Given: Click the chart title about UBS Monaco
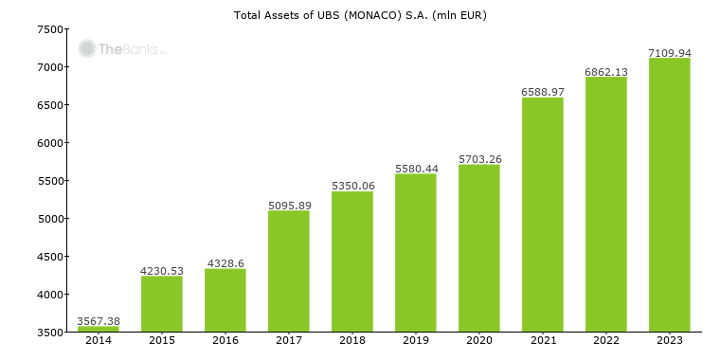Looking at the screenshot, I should coord(360,15).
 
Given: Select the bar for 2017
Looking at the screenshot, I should coord(289,271).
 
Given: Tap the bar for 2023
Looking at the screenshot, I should coord(670,195).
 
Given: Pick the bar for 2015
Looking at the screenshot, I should coord(162,303).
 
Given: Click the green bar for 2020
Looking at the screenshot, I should coord(479,248).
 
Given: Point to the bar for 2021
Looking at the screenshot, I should coord(543,214).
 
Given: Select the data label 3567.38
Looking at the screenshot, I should coord(99,321).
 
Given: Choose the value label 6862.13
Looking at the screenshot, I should coord(606,71).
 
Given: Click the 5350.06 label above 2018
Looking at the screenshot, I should coord(352,186).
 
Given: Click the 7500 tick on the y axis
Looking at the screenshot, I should coord(50,29).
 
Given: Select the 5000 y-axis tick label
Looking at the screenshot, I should coord(50,219).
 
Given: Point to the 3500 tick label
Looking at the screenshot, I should coord(50,333).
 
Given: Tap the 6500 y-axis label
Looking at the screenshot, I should coord(50,105).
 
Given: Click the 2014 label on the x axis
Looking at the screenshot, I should coord(99,340).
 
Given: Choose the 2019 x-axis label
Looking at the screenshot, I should coord(416,340).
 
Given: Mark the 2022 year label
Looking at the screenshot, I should coord(606,340).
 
